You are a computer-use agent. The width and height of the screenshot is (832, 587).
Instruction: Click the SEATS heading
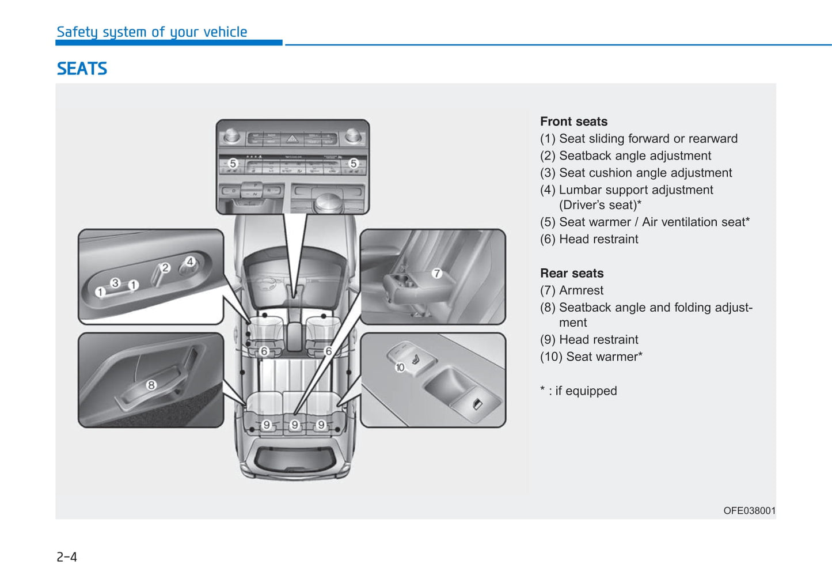click(82, 69)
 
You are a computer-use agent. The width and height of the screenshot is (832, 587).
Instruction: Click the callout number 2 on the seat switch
click(165, 268)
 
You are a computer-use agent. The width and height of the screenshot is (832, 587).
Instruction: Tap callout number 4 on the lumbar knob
click(189, 262)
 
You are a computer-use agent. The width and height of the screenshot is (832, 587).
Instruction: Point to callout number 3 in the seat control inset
click(115, 283)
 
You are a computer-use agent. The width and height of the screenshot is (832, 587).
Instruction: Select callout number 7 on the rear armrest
click(436, 274)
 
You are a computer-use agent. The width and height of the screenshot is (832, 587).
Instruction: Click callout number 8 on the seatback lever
click(151, 385)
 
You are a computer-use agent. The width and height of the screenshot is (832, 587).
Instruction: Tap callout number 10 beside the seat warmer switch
click(400, 367)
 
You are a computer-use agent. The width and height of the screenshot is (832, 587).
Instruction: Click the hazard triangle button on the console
click(292, 139)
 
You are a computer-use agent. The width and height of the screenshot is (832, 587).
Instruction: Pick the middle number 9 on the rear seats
click(294, 425)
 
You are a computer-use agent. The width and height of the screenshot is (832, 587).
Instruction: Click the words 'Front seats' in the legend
click(573, 122)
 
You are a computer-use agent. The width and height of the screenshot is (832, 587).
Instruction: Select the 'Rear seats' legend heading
click(572, 273)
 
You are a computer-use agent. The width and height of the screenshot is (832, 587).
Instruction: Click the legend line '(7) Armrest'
click(572, 290)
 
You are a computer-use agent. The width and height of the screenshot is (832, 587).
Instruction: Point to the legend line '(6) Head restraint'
click(589, 239)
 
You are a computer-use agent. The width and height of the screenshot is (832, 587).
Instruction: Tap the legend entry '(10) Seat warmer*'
click(591, 357)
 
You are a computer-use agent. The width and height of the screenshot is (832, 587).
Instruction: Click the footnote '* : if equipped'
click(578, 391)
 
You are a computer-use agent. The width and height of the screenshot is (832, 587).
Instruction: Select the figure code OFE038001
click(749, 510)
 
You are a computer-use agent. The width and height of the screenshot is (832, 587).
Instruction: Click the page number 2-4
click(67, 556)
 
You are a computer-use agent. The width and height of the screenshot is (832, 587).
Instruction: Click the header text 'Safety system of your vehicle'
click(151, 32)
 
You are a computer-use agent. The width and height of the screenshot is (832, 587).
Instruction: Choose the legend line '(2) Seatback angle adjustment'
click(625, 156)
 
